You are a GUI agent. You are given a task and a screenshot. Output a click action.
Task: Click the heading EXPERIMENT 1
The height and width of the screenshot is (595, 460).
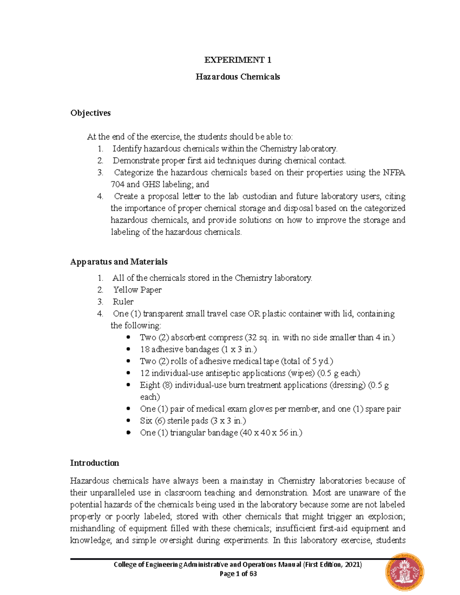point(238,60)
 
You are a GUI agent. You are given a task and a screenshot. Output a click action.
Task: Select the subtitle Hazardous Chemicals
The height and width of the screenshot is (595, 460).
point(238,77)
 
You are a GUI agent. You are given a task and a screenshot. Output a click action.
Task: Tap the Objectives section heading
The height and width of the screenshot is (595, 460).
point(90,113)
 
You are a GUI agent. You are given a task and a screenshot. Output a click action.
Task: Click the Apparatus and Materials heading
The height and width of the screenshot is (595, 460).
point(119,262)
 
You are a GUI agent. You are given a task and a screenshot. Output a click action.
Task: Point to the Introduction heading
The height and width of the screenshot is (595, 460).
point(94,463)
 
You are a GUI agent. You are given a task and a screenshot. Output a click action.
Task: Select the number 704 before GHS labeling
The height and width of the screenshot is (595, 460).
point(117,184)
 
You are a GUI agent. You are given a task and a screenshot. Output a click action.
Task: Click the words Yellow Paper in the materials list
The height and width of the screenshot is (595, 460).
point(137,290)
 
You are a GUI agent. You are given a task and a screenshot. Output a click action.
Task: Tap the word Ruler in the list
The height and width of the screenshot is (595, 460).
point(123,302)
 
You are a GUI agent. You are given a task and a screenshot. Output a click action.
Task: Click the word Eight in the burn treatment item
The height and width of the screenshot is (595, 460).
point(150,385)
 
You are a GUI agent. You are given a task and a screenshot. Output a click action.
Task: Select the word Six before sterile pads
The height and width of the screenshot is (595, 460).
point(146,421)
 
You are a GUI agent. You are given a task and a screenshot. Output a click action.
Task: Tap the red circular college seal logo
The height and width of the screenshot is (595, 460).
point(405,571)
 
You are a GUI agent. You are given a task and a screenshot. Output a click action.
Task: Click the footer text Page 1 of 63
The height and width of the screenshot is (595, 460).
point(238,574)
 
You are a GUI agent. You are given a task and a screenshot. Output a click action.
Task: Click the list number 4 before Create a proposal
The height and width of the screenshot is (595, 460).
point(100,197)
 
